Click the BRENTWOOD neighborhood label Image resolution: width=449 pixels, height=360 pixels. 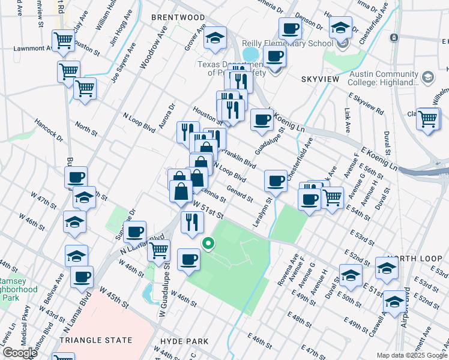point(178,17)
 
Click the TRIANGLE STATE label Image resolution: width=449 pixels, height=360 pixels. point(96,340)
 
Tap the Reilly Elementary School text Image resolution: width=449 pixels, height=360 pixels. point(287,43)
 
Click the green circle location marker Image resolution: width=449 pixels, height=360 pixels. point(208,243)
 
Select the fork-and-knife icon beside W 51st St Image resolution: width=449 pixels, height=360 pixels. point(192,222)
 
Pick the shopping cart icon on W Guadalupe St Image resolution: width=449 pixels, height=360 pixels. point(158,249)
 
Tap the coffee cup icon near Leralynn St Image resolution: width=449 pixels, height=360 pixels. point(276,180)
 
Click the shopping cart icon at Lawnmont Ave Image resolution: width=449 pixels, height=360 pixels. point(63,41)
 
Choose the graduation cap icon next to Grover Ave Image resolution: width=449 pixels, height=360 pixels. point(215,38)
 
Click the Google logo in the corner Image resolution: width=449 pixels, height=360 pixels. point(19,353)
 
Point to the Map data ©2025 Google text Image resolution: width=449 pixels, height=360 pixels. point(411,355)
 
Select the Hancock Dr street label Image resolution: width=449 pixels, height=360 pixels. point(49,129)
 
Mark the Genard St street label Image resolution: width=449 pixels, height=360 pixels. point(240,193)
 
